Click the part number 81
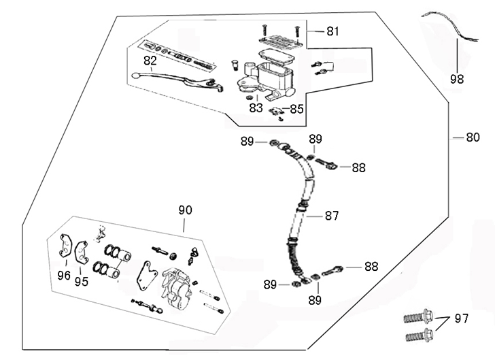332,31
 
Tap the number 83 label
255,108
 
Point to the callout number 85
296,108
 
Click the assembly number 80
473,137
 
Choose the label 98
457,78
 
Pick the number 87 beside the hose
331,216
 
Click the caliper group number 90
186,210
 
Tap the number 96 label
63,276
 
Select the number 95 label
82,280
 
